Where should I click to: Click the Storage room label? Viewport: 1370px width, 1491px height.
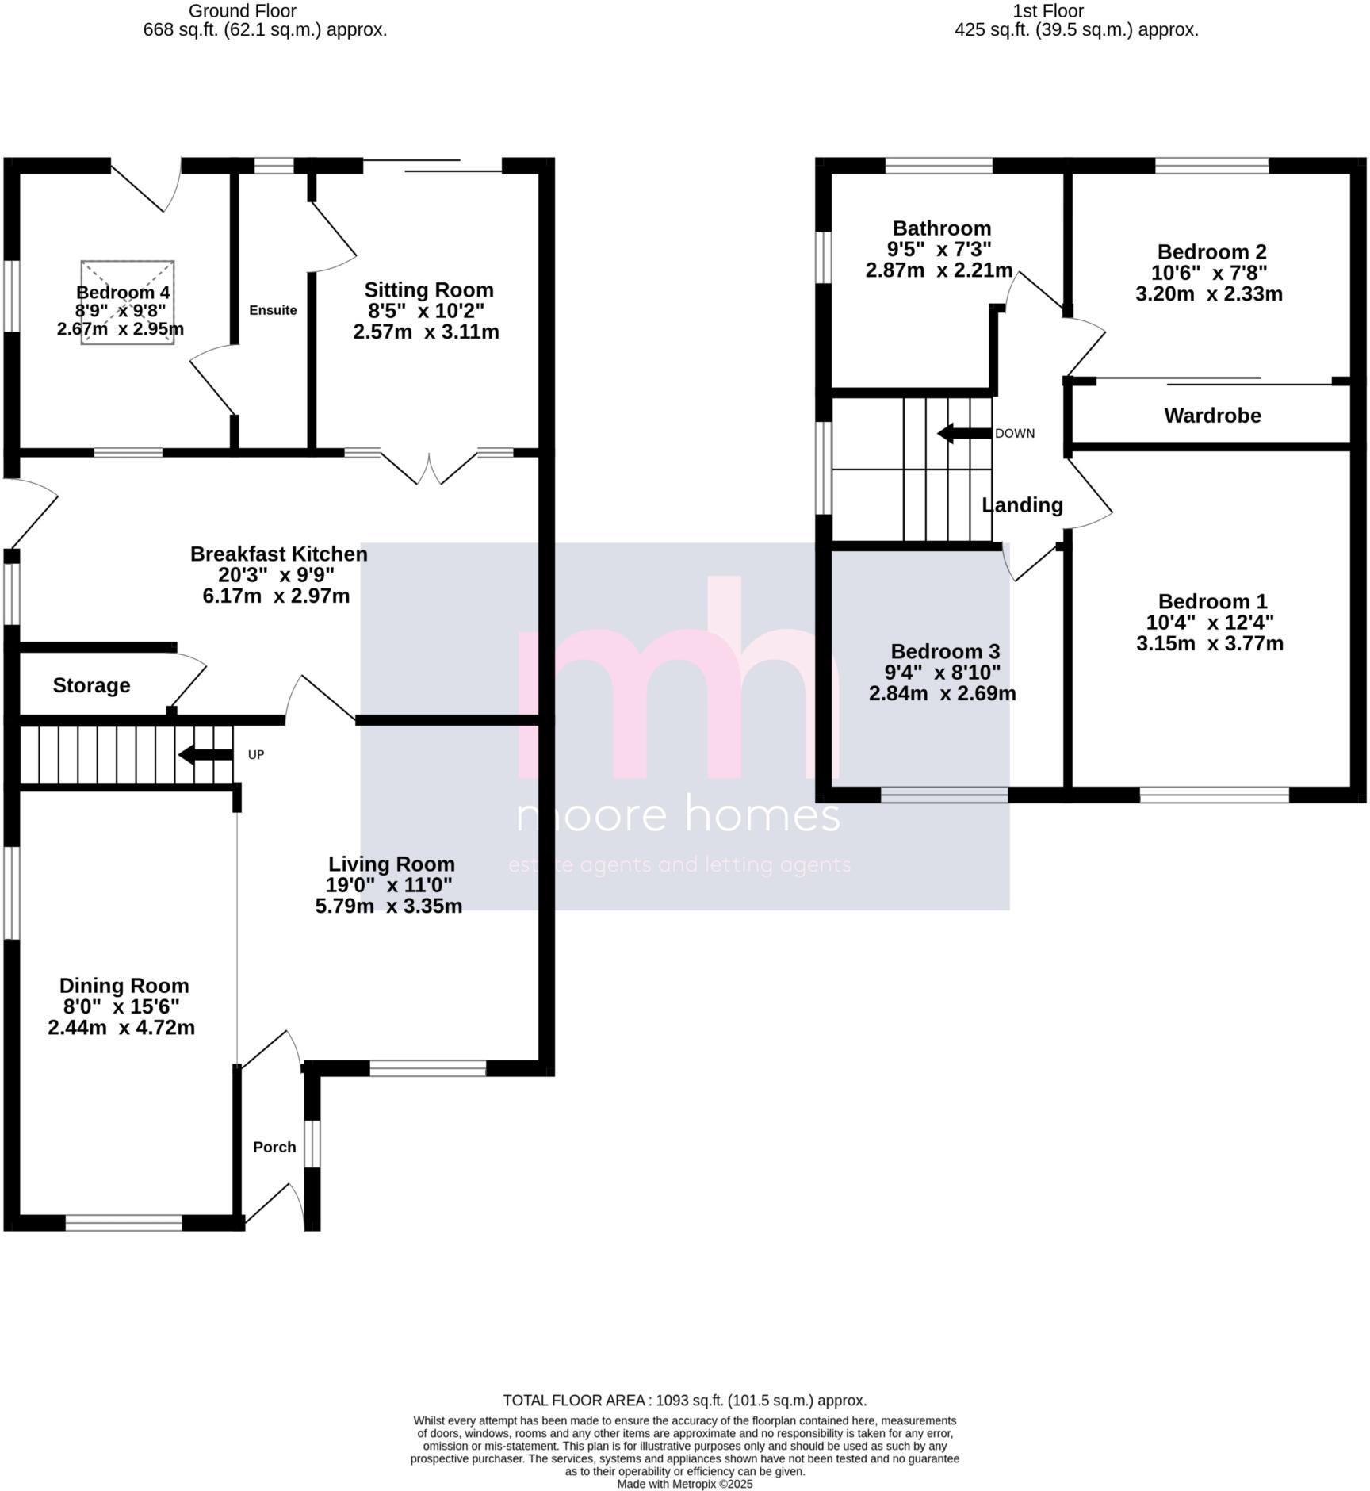[91, 685]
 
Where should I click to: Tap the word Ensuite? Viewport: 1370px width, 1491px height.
[273, 310]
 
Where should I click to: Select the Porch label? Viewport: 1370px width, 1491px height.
[274, 1147]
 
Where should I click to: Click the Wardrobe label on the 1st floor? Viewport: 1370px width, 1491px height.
[1212, 416]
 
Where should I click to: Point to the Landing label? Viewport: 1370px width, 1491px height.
[1022, 505]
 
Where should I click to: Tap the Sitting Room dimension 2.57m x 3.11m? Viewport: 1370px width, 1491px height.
[426, 332]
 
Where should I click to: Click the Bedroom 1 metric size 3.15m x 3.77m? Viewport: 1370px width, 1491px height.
[1209, 643]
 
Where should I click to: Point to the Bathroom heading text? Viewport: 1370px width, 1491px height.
[942, 229]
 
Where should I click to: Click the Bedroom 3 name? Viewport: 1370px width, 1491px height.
[945, 652]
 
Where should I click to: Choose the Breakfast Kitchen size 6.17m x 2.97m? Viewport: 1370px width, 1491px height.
[276, 596]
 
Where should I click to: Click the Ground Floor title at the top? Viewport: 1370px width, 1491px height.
[242, 11]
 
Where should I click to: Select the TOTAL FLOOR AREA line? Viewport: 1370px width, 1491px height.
[684, 1401]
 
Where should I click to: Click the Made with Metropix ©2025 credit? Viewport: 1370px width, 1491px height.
[684, 1484]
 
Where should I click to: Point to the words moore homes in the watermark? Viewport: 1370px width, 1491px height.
[678, 814]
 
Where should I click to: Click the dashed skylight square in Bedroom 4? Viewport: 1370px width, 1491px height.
[127, 302]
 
